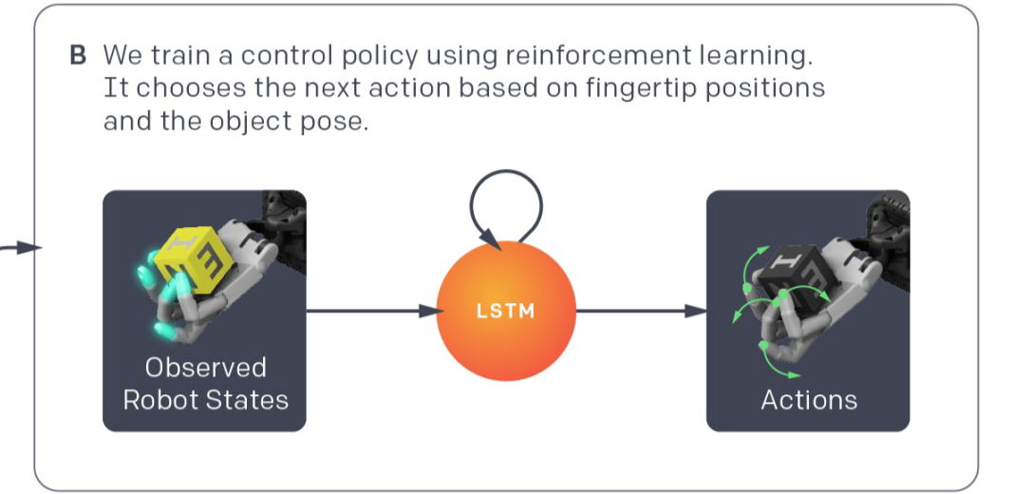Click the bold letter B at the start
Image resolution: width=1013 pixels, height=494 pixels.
78,56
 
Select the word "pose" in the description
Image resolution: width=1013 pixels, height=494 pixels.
331,122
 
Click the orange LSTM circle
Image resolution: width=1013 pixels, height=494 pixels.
506,311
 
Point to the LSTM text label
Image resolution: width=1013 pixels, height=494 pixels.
506,311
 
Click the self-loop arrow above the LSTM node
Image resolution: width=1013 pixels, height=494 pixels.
506,202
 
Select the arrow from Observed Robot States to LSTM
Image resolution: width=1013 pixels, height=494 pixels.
370,311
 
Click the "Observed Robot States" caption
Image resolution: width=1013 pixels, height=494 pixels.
205,383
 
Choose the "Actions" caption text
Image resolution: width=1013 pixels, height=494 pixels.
808,399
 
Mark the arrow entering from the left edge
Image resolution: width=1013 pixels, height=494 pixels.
21,248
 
